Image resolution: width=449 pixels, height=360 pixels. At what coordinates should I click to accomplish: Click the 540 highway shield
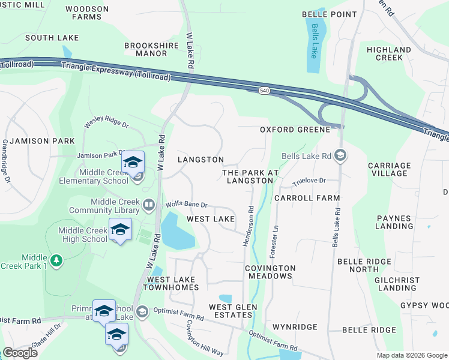point(265,91)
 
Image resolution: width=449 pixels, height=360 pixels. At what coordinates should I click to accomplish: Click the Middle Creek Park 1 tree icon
point(56,260)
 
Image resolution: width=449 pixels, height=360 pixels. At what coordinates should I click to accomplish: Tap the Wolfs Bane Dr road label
point(187,205)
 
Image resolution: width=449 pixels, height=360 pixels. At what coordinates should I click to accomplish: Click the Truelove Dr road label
point(309,181)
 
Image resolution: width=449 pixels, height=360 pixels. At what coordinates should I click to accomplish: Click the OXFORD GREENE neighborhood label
point(295,130)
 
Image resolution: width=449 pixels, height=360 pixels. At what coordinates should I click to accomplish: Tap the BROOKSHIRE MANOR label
point(145,49)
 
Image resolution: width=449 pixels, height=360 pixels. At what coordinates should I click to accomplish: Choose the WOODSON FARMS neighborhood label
point(87,13)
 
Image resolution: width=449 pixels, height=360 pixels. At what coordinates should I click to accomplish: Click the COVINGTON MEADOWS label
point(270,272)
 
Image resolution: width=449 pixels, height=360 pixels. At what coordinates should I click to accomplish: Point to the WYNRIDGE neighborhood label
point(295,328)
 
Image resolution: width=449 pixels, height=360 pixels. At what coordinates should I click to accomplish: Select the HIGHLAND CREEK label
point(389,53)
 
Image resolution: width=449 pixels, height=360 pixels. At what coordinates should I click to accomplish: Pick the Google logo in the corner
point(20,353)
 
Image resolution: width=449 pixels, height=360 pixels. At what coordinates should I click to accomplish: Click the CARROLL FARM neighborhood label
point(307,197)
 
